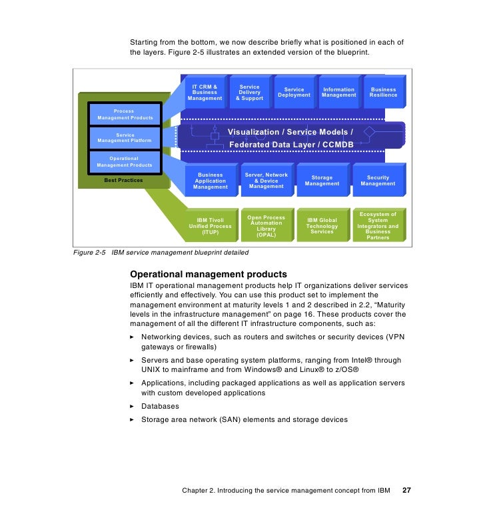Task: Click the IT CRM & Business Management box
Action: [x=205, y=93]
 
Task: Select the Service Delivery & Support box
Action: [x=249, y=93]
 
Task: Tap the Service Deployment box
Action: [x=294, y=93]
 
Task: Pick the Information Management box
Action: [x=338, y=93]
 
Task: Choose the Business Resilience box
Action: [x=383, y=93]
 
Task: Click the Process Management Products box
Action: [x=125, y=114]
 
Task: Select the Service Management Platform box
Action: [x=125, y=138]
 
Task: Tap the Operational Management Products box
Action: [x=125, y=161]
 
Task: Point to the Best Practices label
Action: [x=123, y=180]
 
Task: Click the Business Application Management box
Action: [x=210, y=181]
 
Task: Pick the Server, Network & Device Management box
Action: [x=266, y=181]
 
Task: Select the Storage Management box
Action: [x=322, y=181]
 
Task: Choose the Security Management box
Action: [x=378, y=181]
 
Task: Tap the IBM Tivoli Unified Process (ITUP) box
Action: [x=210, y=226]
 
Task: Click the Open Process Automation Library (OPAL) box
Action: [x=266, y=226]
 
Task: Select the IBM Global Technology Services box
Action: [x=322, y=226]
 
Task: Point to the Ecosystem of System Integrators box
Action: [x=378, y=226]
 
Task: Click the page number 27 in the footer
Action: [x=406, y=491]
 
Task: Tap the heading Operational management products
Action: [x=209, y=274]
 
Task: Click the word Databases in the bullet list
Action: [x=160, y=406]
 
